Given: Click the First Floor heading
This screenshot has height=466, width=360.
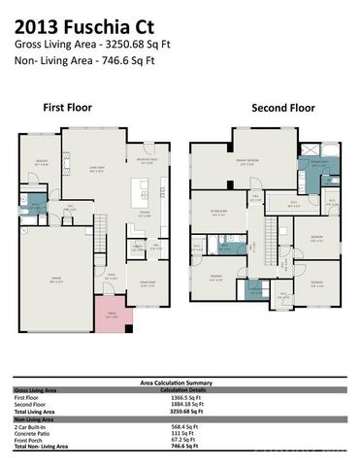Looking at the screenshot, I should click(x=67, y=107).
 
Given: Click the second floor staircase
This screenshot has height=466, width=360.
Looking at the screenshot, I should click(x=271, y=238).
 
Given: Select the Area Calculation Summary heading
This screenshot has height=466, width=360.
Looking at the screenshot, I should click(x=180, y=383).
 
